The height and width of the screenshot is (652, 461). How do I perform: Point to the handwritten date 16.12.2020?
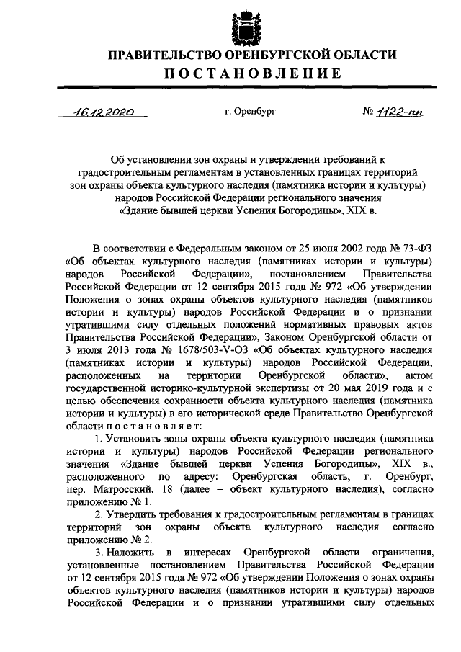104,112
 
